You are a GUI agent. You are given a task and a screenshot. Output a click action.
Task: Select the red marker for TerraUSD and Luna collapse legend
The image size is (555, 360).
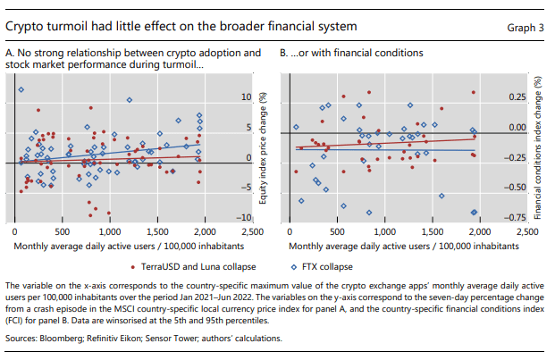(x=133, y=266)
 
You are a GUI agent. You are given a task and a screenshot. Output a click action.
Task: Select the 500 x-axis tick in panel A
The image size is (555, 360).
(x=63, y=232)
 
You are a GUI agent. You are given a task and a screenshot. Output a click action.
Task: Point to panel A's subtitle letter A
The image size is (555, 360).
(x=9, y=54)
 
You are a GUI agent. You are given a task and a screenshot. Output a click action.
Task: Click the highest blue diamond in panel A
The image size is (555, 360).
(x=21, y=90)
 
